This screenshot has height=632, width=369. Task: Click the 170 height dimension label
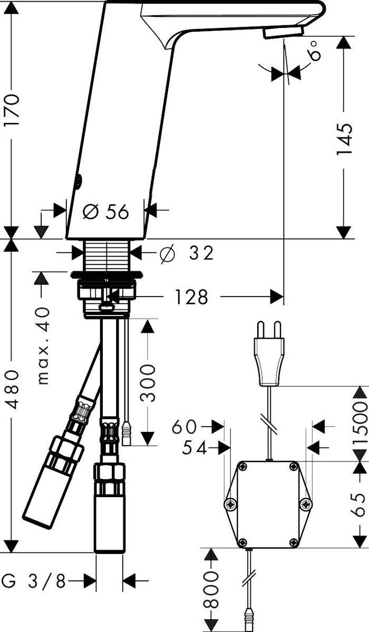(12, 110)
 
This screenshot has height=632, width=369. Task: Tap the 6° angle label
(315, 51)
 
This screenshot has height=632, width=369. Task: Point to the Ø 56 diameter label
(106, 212)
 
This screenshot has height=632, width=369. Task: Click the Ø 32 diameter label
(187, 253)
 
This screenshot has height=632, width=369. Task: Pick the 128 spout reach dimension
(189, 298)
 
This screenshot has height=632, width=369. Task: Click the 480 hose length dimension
(12, 389)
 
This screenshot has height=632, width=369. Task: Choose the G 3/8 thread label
(34, 581)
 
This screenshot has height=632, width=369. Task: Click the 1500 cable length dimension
(360, 424)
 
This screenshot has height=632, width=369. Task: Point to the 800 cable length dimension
(211, 595)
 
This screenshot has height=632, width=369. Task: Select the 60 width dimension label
(183, 427)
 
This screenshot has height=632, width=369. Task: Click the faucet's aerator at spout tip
(284, 32)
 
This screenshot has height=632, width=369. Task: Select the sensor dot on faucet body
(79, 182)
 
